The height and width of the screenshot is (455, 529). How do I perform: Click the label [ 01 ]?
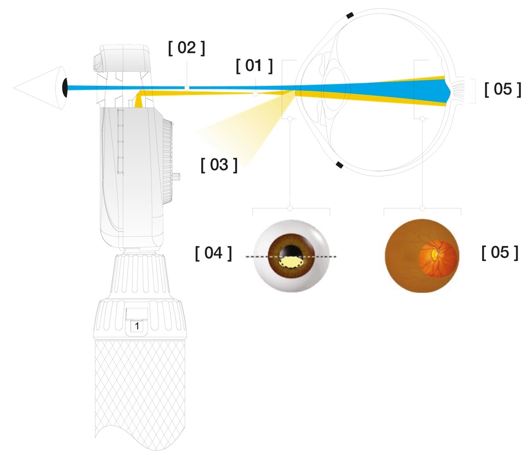pyautogui.click(x=254, y=66)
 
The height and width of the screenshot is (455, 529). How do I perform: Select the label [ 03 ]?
pyautogui.click(x=219, y=164)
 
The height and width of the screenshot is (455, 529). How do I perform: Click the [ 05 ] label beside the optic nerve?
pyautogui.click(x=503, y=89)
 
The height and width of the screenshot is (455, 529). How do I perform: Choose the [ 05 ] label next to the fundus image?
pyautogui.click(x=499, y=253)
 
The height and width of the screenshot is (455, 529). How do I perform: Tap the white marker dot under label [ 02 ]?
pyautogui.click(x=187, y=87)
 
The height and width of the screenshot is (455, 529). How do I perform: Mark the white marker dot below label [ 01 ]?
pyautogui.click(x=255, y=94)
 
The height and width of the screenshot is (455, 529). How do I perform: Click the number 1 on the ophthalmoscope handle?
pyautogui.click(x=137, y=326)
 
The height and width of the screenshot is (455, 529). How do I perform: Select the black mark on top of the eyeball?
pyautogui.click(x=350, y=16)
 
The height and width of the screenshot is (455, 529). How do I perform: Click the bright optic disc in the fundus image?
pyautogui.click(x=435, y=252)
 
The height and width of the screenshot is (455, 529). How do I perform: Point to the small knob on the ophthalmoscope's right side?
pyautogui.click(x=178, y=176)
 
